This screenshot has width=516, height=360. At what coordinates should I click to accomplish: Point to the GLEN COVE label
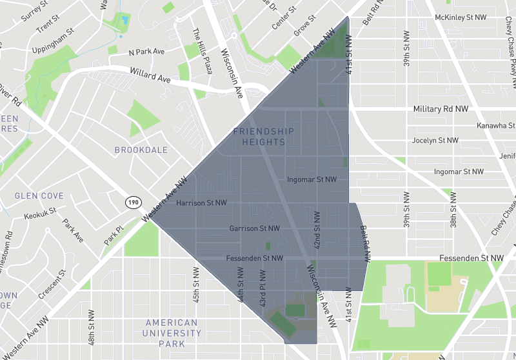pyautogui.click(x=39, y=195)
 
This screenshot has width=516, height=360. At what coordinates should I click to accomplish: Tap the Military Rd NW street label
pyautogui.click(x=441, y=109)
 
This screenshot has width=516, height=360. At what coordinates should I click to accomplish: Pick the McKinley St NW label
pyautogui.click(x=462, y=17)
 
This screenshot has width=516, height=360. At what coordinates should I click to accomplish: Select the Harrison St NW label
pyautogui.click(x=201, y=203)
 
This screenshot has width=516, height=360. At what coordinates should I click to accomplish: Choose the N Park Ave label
pyautogui.click(x=146, y=52)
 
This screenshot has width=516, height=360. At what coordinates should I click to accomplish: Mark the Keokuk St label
pyautogui.click(x=39, y=214)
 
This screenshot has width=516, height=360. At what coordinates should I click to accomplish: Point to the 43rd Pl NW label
pyautogui.click(x=263, y=292)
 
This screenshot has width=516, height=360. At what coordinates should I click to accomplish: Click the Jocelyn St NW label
pyautogui.click(x=435, y=140)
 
